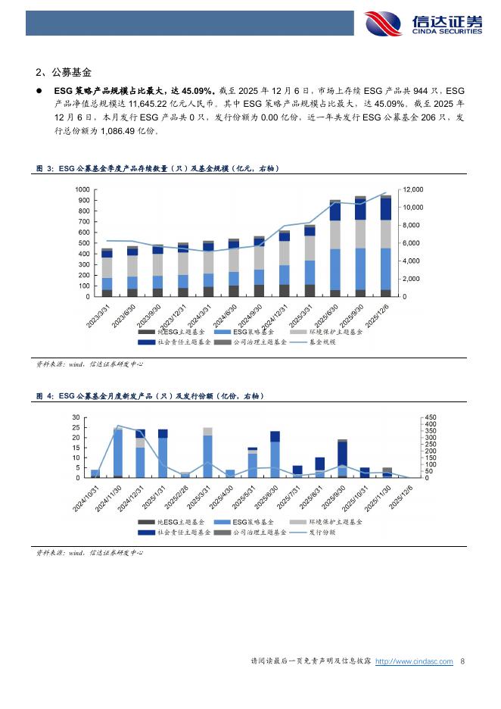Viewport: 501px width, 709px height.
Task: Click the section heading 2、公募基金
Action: tap(63, 73)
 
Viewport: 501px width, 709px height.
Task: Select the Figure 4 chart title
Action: tap(151, 396)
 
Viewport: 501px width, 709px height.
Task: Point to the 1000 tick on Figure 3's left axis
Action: tap(82, 189)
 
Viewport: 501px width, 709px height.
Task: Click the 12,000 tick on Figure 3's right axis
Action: tap(412, 189)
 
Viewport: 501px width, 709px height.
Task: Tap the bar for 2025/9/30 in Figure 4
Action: tap(342, 459)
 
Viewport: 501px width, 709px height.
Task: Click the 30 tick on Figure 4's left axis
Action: tap(76, 417)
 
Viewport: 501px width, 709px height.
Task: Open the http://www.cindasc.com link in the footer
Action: tap(414, 661)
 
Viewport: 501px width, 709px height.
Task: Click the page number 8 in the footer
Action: tap(462, 661)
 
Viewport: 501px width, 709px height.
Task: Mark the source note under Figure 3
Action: tap(90, 364)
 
